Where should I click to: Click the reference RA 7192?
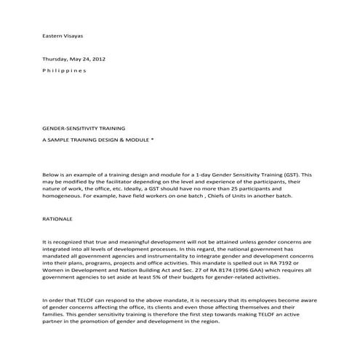(x=284, y=262)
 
